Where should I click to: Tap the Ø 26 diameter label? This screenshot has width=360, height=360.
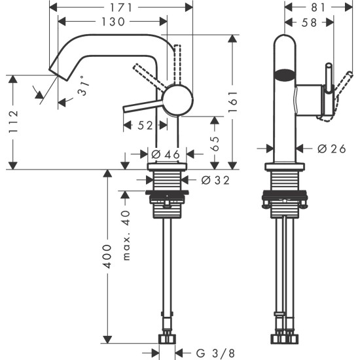(331, 148)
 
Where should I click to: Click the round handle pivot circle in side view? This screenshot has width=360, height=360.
(177, 101)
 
